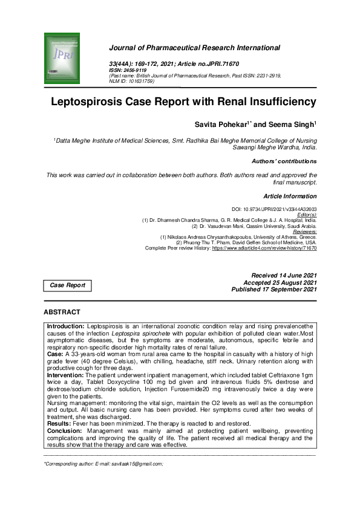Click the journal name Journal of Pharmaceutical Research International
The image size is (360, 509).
pos(194,47)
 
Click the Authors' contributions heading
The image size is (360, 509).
pos(284,161)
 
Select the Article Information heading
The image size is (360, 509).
pos(290,196)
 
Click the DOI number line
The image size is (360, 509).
pos(278,209)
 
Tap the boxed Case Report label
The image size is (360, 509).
pos(67,285)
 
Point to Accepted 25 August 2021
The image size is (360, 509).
pos(280,282)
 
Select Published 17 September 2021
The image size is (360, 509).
pos(273,290)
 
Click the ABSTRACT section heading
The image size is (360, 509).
pos(62,312)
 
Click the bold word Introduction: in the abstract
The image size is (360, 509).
pos(67,326)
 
